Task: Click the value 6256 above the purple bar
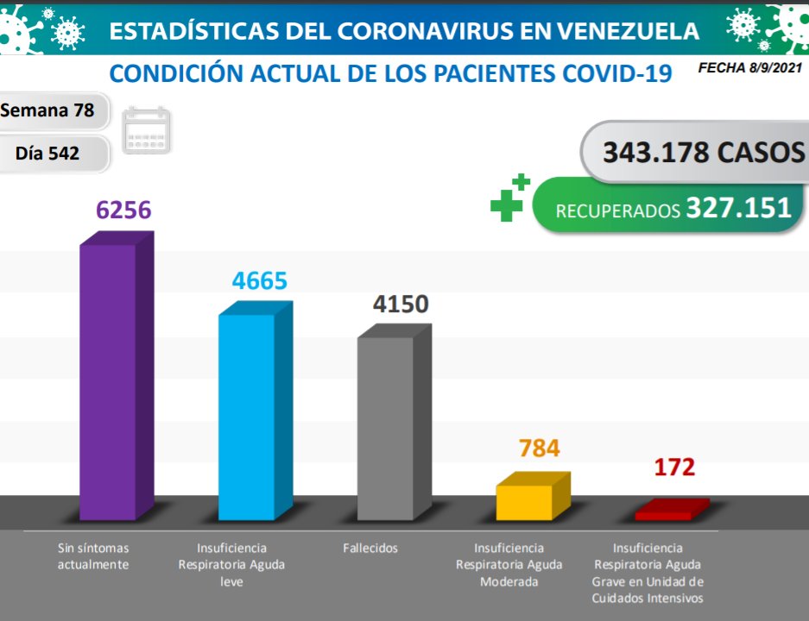[x=123, y=210]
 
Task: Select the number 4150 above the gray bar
[x=401, y=304]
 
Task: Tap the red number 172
[x=673, y=467]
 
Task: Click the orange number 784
[x=539, y=448]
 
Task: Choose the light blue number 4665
[x=259, y=281]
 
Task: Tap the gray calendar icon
[x=148, y=131]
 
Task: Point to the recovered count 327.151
[x=738, y=209]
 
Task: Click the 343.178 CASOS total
[x=703, y=153]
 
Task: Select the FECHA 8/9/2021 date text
[x=752, y=66]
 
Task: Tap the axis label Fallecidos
[x=370, y=548]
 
